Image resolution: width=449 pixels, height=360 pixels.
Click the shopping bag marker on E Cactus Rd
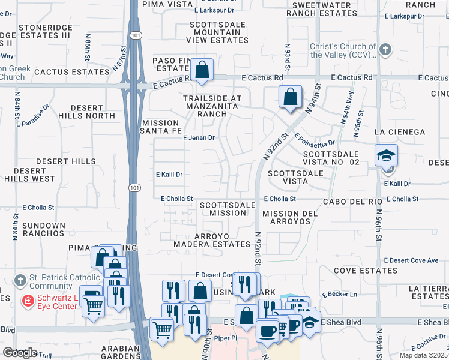(203, 69)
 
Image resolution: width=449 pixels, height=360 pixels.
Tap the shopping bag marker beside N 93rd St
(291, 97)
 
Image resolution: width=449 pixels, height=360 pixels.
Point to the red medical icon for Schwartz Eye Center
(27, 301)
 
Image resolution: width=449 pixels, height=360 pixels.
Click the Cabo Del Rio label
(349, 202)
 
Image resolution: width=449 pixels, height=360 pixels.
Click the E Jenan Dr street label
(199, 137)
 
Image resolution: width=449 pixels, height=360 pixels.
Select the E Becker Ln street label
(339, 295)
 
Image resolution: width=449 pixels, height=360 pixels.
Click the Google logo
(20, 353)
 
